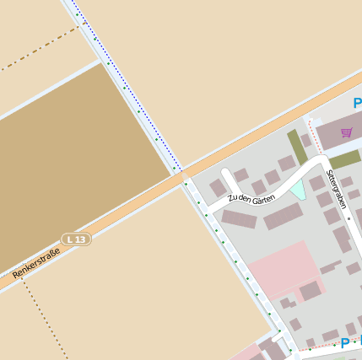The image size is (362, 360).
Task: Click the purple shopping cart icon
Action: pyautogui.click(x=346, y=132)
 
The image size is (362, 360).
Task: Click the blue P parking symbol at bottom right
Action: pyautogui.click(x=344, y=343)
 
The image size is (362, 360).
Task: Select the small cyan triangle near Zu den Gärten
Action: pyautogui.click(x=297, y=189)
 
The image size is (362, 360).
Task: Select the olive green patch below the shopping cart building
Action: pyautogui.click(x=344, y=159)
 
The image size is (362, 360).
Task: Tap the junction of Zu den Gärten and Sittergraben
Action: pyautogui.click(x=320, y=159)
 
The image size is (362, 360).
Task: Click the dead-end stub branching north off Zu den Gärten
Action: pyautogui.click(x=229, y=182)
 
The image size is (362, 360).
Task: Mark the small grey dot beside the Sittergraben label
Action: pyautogui.click(x=349, y=218)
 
